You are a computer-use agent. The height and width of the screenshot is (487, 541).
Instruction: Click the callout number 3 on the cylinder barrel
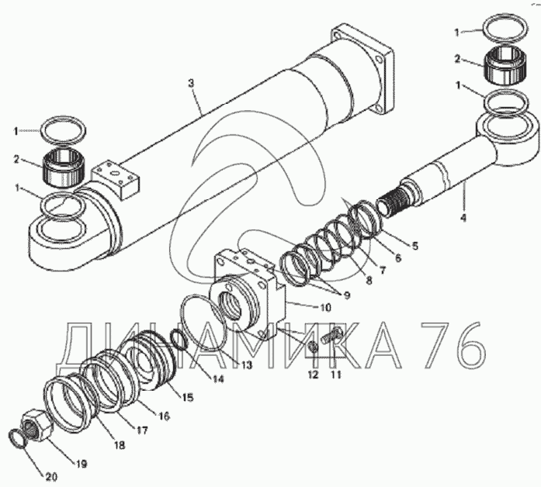(x=191, y=84)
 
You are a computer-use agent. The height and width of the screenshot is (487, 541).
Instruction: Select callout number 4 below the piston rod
(x=463, y=217)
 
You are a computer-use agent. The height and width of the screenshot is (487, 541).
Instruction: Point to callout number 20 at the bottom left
(x=50, y=477)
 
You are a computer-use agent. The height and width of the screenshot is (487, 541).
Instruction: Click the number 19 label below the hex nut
(x=81, y=464)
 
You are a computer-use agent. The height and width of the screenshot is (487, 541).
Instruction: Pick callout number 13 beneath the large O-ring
(x=246, y=364)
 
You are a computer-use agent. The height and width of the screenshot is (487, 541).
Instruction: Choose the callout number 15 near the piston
(x=187, y=397)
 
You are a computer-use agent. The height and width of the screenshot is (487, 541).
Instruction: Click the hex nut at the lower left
(x=36, y=426)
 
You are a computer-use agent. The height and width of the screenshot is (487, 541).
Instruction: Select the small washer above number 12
(x=314, y=347)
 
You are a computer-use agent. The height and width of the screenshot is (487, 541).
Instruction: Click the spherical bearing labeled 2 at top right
(x=505, y=66)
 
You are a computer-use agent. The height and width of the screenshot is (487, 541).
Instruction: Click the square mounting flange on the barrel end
(x=362, y=70)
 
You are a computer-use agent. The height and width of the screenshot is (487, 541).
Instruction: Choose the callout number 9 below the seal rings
(x=346, y=295)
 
